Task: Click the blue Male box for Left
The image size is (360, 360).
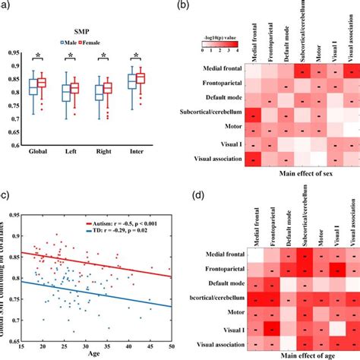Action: pos(66,93)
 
